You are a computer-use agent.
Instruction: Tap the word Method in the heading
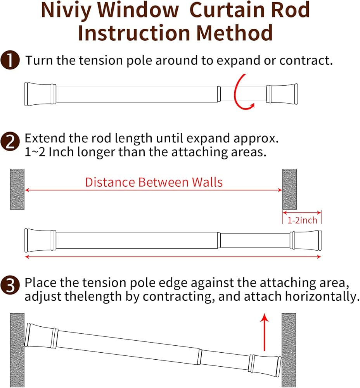(234, 33)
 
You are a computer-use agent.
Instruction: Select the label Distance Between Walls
(154, 182)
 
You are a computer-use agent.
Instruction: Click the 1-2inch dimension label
(302, 220)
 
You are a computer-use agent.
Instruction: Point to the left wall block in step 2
(17, 189)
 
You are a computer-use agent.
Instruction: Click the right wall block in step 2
(290, 189)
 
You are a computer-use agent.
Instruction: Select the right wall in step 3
(289, 350)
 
